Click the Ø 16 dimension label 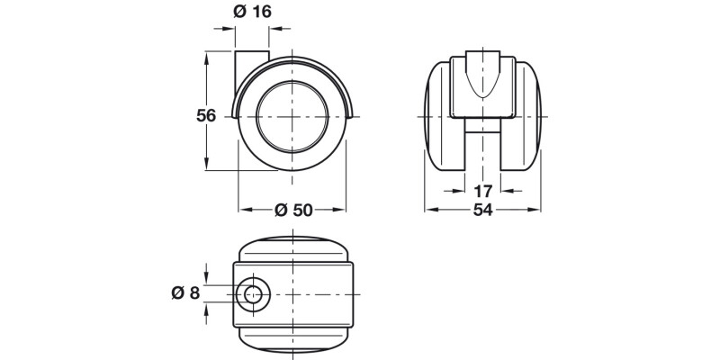pyautogui.click(x=252, y=13)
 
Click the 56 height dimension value pyautogui.click(x=207, y=115)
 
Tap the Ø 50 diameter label pyautogui.click(x=292, y=210)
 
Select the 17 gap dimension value pyautogui.click(x=481, y=191)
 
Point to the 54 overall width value pyautogui.click(x=481, y=210)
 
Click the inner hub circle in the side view pyautogui.click(x=292, y=116)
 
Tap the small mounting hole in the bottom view pyautogui.click(x=252, y=294)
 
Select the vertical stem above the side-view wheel pyautogui.click(x=252, y=72)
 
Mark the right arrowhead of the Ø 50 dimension pyautogui.click(x=342, y=210)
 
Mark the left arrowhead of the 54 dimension pyautogui.click(x=429, y=210)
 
